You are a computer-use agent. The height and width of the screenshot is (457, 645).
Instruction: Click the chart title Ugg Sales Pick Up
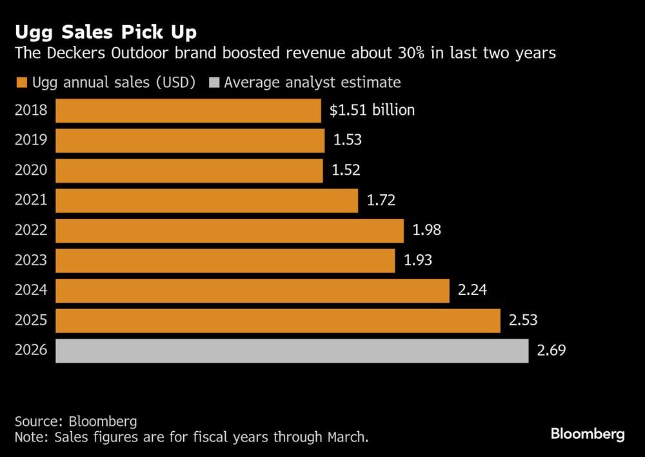(x=106, y=32)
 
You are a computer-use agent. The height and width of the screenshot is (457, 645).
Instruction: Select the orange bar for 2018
(x=188, y=110)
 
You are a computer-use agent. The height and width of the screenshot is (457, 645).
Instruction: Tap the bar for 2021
(x=206, y=200)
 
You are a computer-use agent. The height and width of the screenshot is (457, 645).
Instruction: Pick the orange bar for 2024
(x=252, y=290)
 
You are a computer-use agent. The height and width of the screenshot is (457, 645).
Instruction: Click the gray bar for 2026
(x=292, y=350)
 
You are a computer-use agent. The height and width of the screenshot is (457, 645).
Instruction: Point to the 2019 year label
(x=31, y=140)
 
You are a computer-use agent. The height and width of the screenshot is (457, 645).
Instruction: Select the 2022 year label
(x=31, y=230)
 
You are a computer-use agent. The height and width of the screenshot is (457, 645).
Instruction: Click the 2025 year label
(x=31, y=320)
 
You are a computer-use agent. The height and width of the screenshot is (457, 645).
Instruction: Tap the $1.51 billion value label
(x=372, y=110)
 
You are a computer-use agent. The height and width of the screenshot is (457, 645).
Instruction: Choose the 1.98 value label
(x=426, y=230)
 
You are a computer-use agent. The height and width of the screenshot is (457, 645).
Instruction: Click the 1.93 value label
(x=417, y=260)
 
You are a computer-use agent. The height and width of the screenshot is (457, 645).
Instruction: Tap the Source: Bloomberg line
(x=75, y=421)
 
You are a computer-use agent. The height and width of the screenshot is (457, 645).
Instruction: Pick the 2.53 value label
(x=523, y=320)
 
